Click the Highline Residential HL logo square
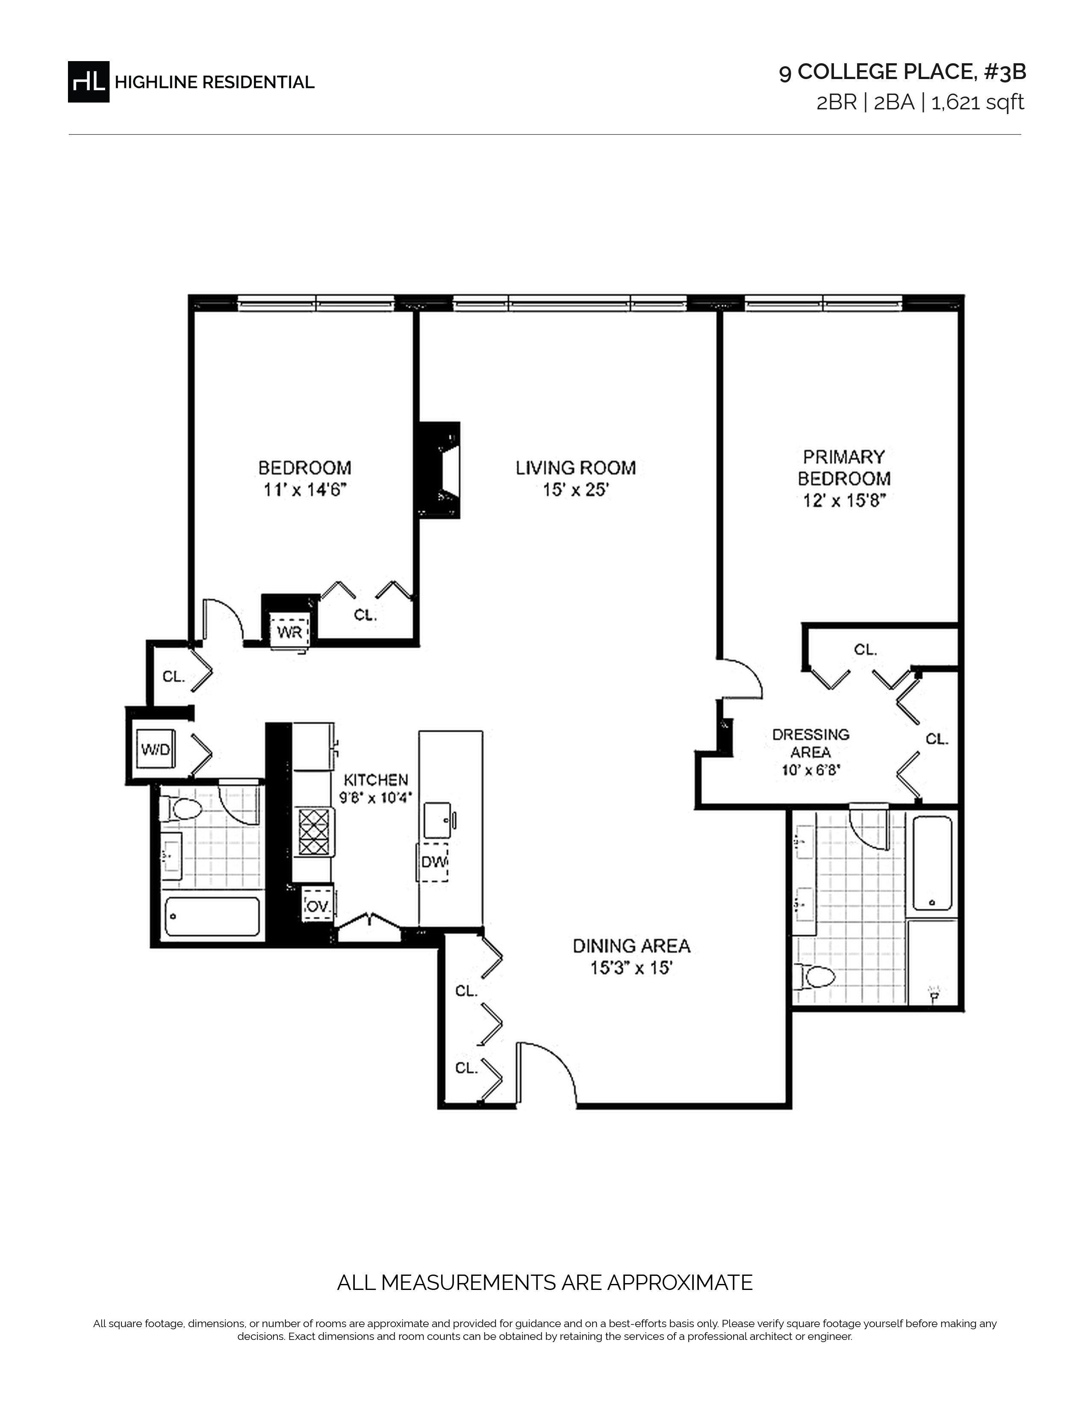[x=88, y=82]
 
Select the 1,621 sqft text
[x=978, y=103]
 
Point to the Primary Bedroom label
[x=844, y=467]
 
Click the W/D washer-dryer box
[x=156, y=749]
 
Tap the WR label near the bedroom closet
[x=289, y=632]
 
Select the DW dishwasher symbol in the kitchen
[x=434, y=862]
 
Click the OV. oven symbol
[x=317, y=906]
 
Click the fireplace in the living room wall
[x=440, y=470]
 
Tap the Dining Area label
[x=631, y=946]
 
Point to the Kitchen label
[x=376, y=780]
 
